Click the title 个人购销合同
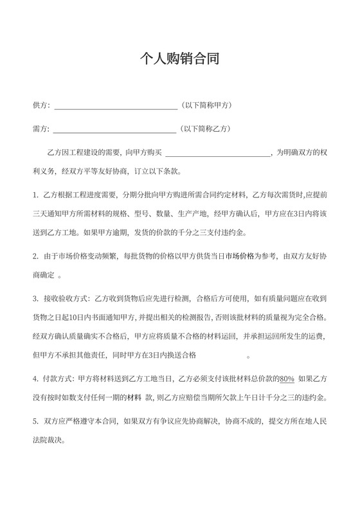coord(180,60)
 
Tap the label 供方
coord(40,105)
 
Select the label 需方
coord(40,129)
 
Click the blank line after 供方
coord(114,106)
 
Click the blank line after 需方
coord(114,130)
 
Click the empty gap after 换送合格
coord(222,355)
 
